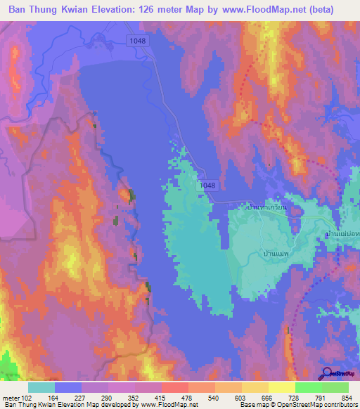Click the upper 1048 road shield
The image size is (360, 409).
(138, 41)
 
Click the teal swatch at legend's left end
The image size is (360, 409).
(41, 387)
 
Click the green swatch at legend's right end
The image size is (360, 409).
(335, 387)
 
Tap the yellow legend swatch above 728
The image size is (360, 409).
(281, 387)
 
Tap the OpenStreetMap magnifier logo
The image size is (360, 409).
(326, 374)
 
